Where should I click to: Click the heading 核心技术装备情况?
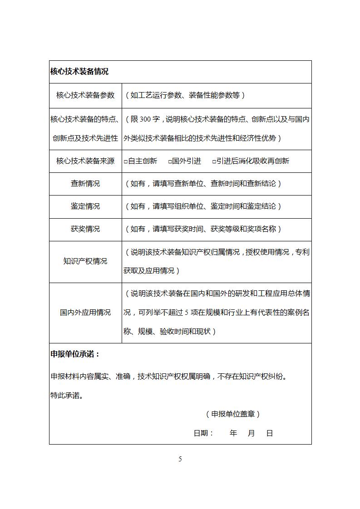(79, 72)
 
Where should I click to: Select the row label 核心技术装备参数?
(85, 95)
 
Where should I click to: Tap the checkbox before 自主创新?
(126, 162)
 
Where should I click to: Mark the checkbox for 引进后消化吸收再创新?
(214, 162)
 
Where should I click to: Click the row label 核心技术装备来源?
(85, 161)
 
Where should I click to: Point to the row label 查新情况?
(85, 184)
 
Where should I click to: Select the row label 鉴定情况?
(85, 206)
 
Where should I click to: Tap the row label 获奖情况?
(85, 229)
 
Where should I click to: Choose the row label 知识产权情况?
(85, 261)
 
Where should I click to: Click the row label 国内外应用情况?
(85, 313)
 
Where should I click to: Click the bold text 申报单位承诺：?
(75, 354)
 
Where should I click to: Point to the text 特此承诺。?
(67, 395)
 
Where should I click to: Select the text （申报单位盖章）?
(233, 414)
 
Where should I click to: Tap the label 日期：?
(204, 433)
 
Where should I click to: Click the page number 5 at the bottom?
(180, 459)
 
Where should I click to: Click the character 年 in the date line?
(233, 433)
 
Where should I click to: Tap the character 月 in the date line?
(252, 433)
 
